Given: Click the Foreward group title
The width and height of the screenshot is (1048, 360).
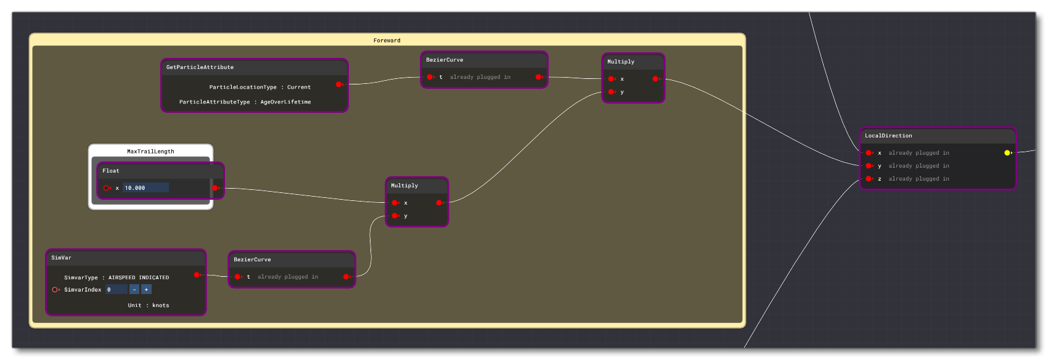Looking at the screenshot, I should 387,41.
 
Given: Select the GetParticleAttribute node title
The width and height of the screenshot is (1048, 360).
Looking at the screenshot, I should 200,67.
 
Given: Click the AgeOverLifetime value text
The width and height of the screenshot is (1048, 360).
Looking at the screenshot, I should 285,102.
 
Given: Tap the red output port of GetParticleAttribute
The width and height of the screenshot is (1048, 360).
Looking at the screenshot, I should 339,84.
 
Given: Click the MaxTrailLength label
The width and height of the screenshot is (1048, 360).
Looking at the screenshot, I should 150,152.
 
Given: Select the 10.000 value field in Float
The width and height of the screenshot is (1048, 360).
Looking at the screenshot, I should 145,188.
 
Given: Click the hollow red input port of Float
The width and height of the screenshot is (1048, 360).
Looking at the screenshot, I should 107,188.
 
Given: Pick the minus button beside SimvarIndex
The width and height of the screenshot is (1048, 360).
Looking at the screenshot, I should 134,290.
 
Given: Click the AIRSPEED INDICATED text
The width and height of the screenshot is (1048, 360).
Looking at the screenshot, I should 139,278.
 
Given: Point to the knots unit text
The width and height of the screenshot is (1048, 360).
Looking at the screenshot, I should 160,306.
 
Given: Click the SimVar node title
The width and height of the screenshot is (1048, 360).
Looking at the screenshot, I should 61,258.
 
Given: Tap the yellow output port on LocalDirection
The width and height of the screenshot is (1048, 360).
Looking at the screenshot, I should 1007,153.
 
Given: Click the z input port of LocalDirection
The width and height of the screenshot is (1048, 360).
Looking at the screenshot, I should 869,179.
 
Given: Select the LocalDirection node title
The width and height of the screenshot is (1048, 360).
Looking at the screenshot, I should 888,136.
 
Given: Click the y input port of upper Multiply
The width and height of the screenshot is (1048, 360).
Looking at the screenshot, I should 611,92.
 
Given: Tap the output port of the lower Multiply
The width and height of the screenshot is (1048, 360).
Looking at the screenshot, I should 439,203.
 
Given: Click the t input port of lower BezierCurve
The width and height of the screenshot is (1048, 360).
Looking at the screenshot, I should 237,277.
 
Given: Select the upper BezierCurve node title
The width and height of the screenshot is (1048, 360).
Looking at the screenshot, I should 444,60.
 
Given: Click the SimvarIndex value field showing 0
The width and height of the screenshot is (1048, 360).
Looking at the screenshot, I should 116,290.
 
